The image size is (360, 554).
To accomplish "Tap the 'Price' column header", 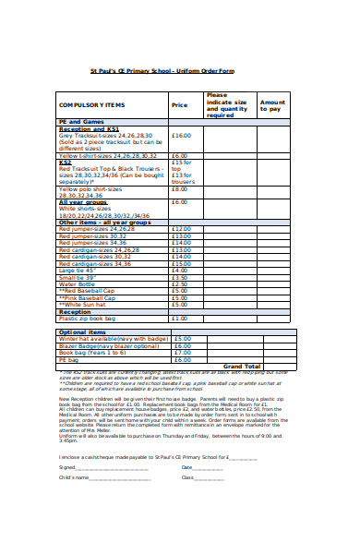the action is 178,105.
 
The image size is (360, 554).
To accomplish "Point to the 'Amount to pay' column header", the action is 272,105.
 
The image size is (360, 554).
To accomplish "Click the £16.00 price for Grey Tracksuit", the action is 180,135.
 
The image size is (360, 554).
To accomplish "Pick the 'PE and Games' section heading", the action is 80,122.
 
